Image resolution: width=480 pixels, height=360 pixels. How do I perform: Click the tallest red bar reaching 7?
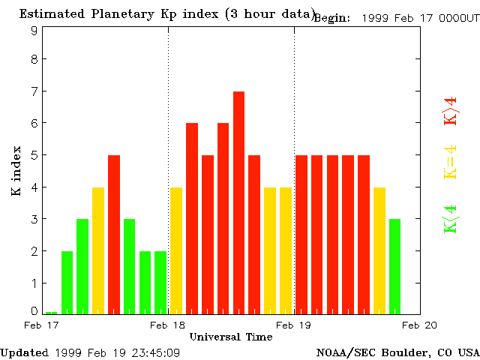click(238, 202)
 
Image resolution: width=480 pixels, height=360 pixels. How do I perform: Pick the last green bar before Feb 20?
click(394, 266)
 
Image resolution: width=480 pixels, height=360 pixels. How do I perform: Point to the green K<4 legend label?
click(450, 219)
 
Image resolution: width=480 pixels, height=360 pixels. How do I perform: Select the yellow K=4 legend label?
click(450, 163)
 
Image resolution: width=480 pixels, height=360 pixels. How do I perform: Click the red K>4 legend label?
click(450, 110)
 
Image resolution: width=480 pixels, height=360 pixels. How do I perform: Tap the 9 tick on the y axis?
click(34, 31)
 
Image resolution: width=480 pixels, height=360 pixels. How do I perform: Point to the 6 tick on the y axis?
click(34, 123)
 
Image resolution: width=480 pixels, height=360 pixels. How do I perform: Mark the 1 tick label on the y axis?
click(34, 283)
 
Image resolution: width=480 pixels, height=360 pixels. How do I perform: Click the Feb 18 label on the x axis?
click(167, 325)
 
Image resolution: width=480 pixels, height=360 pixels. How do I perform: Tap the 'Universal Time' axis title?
click(231, 337)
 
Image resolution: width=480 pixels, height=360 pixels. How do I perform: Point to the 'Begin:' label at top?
click(331, 18)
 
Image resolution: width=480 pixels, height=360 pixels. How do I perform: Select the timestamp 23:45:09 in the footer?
click(154, 352)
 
